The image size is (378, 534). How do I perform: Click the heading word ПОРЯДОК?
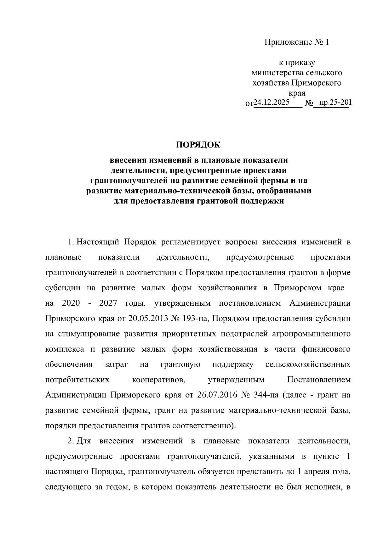pos(198,145)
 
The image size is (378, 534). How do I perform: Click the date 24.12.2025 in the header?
pos(272,103)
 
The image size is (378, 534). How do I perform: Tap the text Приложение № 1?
pos(296,42)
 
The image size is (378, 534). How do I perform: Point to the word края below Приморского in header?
pos(297,93)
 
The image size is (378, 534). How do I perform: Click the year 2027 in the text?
pos(108,303)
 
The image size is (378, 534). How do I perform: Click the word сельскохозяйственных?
pos(308,364)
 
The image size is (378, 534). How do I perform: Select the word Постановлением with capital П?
pos(318,380)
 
